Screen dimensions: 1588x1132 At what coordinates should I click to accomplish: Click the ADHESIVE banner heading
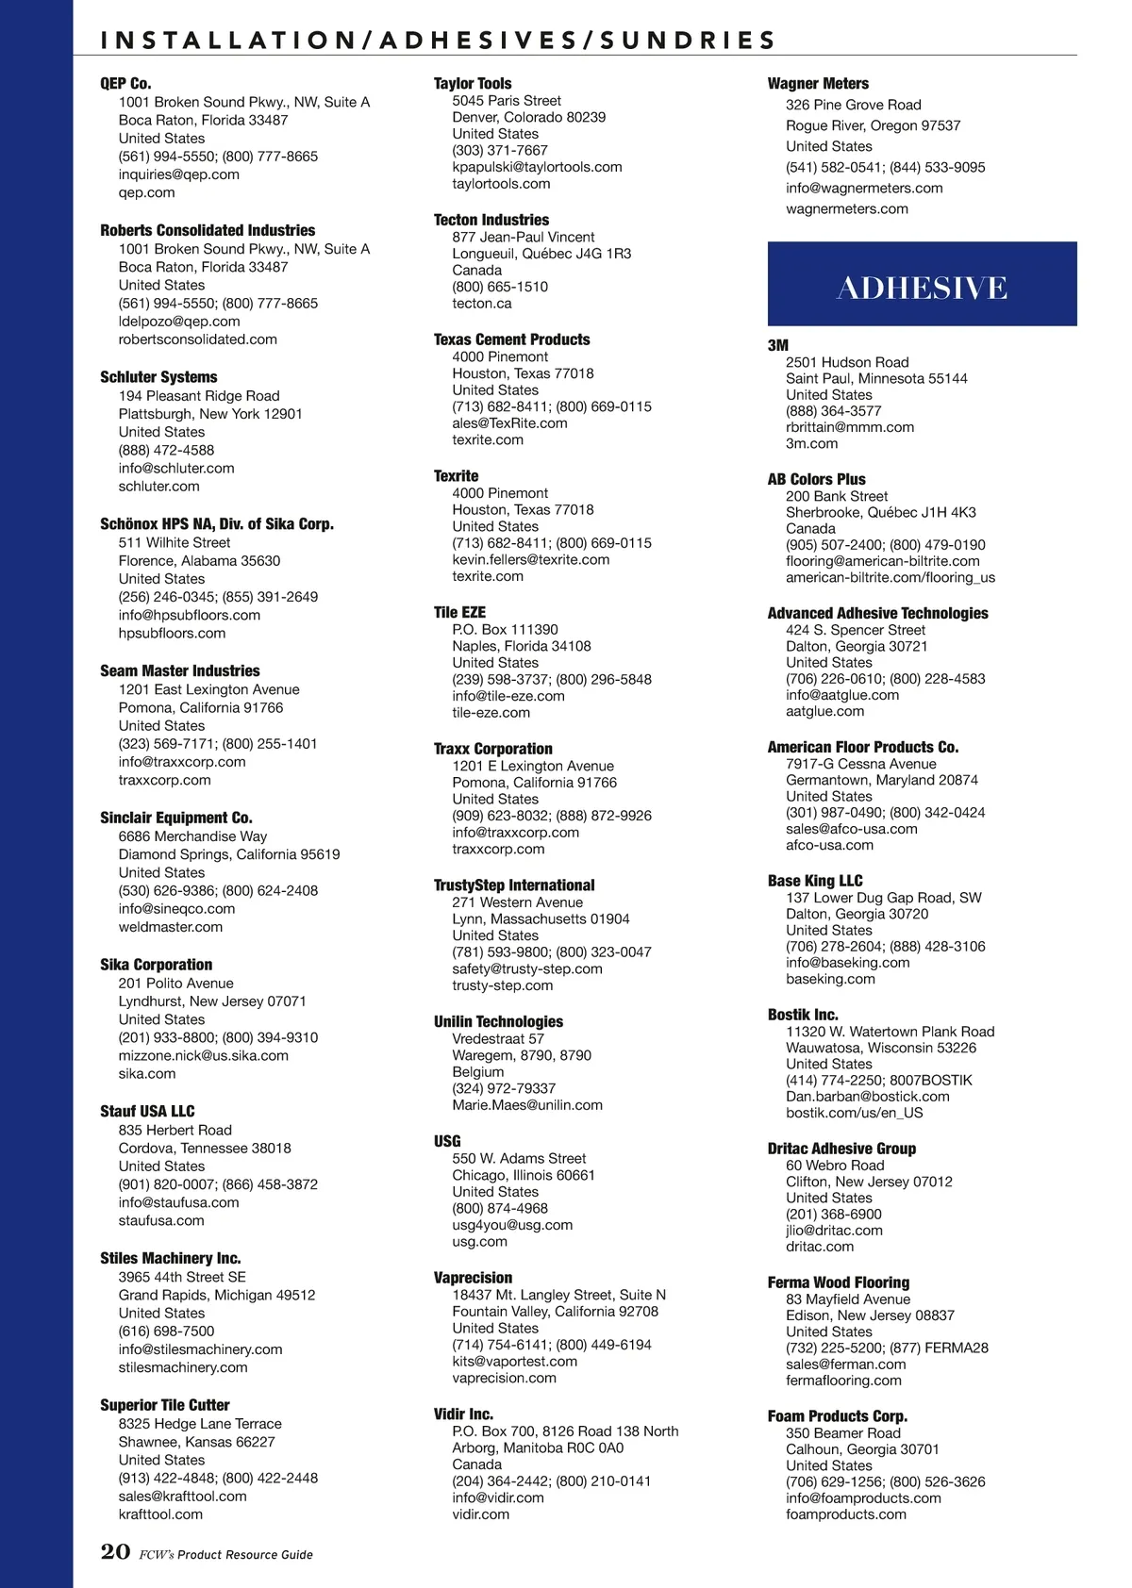(x=922, y=288)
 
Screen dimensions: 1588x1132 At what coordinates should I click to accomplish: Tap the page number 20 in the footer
(x=115, y=1551)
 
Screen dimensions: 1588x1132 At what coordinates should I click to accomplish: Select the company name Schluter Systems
(x=158, y=377)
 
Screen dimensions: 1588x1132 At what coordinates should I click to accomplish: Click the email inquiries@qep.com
(x=178, y=174)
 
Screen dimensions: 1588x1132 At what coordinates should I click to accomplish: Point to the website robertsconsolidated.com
(x=197, y=339)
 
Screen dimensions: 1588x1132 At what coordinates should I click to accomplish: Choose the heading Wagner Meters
(x=818, y=84)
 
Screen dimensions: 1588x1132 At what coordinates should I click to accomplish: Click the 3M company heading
(x=777, y=345)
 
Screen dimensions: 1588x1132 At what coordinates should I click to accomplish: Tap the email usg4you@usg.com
(x=512, y=1225)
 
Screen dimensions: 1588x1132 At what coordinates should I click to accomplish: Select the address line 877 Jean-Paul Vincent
(x=523, y=237)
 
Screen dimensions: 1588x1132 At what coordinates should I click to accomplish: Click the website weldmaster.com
(x=170, y=927)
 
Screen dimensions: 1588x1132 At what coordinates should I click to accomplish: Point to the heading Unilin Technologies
(x=498, y=1021)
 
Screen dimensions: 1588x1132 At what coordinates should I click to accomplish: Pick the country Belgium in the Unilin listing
(x=477, y=1071)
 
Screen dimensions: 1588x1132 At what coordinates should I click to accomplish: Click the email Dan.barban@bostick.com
(x=867, y=1097)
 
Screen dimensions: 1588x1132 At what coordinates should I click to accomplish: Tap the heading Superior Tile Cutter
(x=164, y=1405)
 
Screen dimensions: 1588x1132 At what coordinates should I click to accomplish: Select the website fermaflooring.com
(x=843, y=1381)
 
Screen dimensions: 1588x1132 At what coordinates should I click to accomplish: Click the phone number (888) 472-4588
(x=166, y=450)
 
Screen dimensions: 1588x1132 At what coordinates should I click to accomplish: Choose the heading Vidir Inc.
(x=463, y=1414)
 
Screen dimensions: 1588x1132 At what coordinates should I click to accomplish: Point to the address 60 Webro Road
(x=835, y=1166)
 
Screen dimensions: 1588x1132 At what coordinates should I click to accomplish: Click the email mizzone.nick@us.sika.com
(x=203, y=1055)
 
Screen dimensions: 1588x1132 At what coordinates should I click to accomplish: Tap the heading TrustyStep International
(x=514, y=885)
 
